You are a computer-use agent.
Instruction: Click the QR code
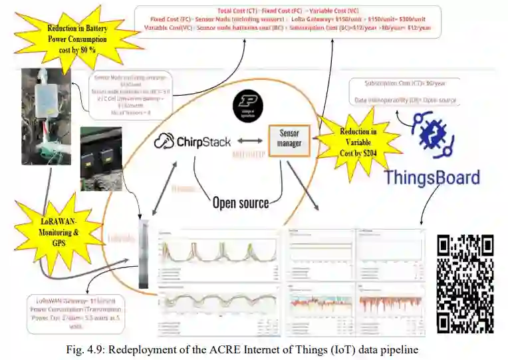[465, 283]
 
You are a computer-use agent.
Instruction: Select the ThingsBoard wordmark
[432, 178]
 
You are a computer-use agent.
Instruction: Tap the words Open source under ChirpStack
[240, 202]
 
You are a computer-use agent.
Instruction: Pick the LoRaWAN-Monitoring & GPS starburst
[58, 228]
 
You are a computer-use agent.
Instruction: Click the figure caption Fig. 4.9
[254, 349]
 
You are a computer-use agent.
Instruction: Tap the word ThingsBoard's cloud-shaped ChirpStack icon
[164, 141]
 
